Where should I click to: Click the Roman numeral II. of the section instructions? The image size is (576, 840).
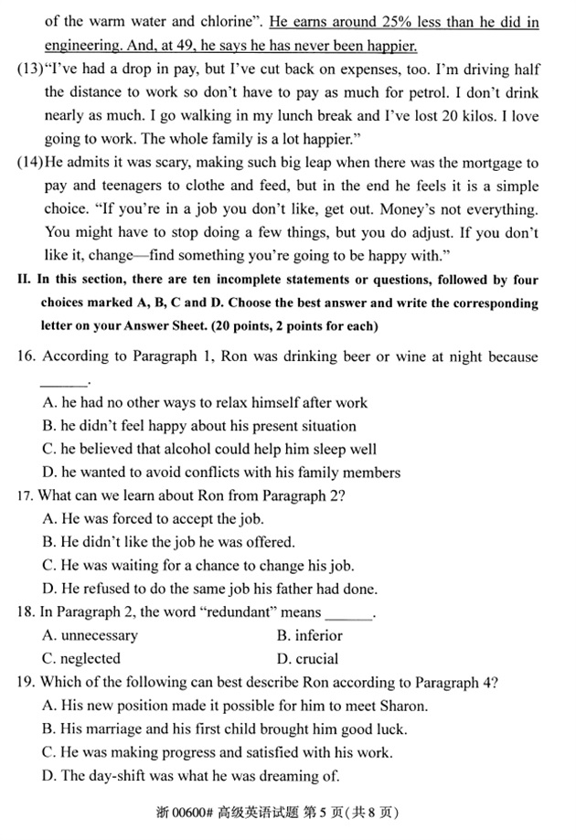click(x=25, y=280)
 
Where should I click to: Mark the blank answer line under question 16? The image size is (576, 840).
click(x=64, y=380)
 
